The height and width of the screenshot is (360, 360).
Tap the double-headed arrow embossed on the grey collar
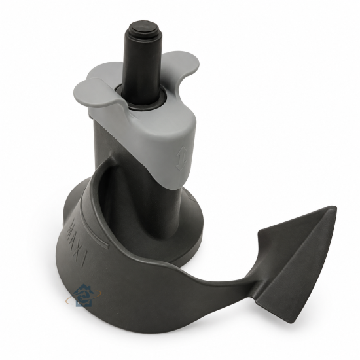point(181,158)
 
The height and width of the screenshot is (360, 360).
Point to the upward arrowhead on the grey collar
point(182,151)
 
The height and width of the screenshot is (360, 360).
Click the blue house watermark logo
point(84,295)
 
